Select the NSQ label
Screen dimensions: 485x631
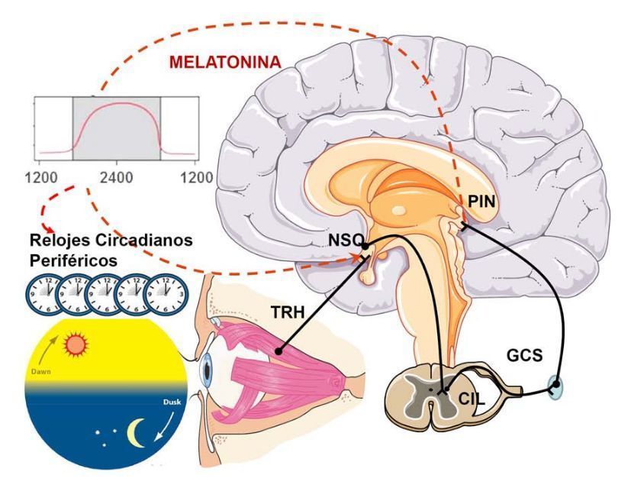click(x=340, y=243)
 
